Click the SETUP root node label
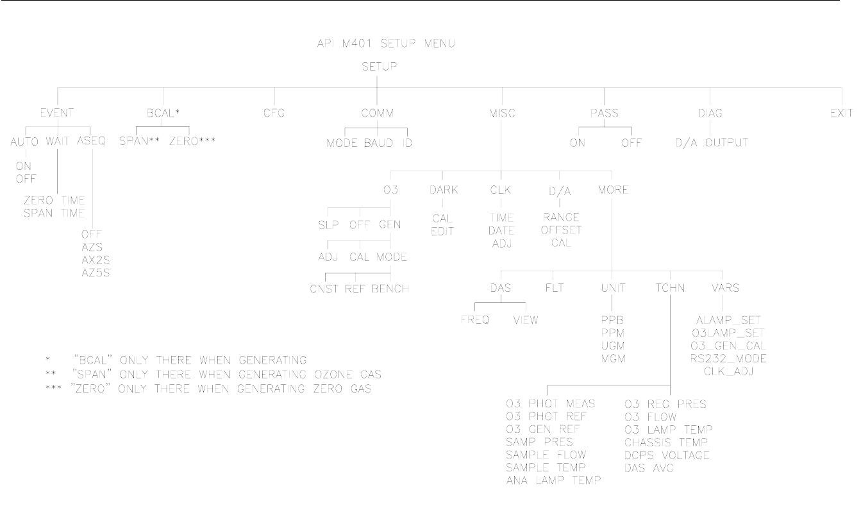(x=377, y=66)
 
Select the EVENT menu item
(x=57, y=113)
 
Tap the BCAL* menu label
(x=163, y=113)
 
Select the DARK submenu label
(x=443, y=190)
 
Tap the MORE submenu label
(x=612, y=190)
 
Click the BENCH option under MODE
(x=390, y=288)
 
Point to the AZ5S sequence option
(x=96, y=271)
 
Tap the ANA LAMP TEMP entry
(x=553, y=480)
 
